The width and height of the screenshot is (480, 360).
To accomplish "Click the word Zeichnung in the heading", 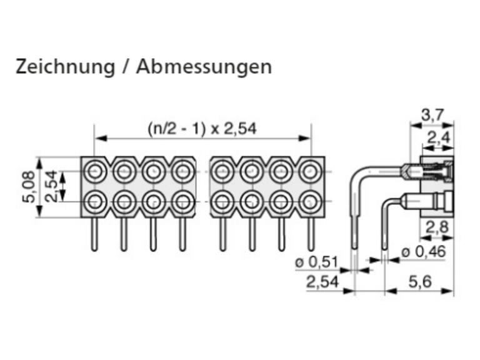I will coord(63,67).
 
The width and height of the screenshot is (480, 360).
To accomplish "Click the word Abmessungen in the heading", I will coord(204,67).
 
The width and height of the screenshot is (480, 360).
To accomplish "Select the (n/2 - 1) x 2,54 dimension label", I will coord(202,129).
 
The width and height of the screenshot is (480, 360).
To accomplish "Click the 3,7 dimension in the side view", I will coord(432,115).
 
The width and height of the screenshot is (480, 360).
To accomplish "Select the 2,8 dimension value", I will coord(439,228).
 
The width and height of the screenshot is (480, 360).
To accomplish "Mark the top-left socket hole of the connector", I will coord(96,171).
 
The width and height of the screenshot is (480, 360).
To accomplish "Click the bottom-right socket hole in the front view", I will coord(310,202).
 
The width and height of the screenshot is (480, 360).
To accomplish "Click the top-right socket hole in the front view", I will coord(310,171).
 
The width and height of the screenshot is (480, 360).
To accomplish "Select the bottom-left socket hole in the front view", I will coord(96,202).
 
